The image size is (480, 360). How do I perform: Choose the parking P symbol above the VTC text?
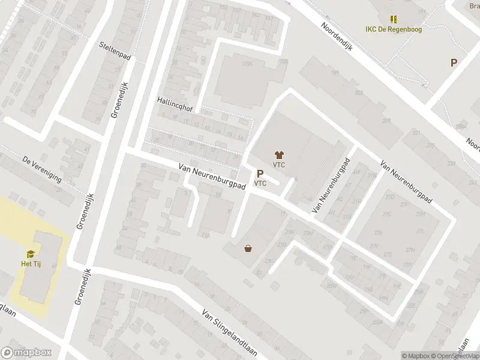(260, 173)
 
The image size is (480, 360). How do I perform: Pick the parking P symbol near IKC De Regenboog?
(454, 62)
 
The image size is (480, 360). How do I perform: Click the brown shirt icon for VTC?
(278, 155)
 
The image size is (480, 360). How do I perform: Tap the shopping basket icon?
(248, 248)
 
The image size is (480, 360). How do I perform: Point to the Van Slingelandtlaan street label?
(229, 332)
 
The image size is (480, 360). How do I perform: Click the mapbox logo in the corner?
(26, 353)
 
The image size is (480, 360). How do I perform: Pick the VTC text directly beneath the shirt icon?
(278, 165)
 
